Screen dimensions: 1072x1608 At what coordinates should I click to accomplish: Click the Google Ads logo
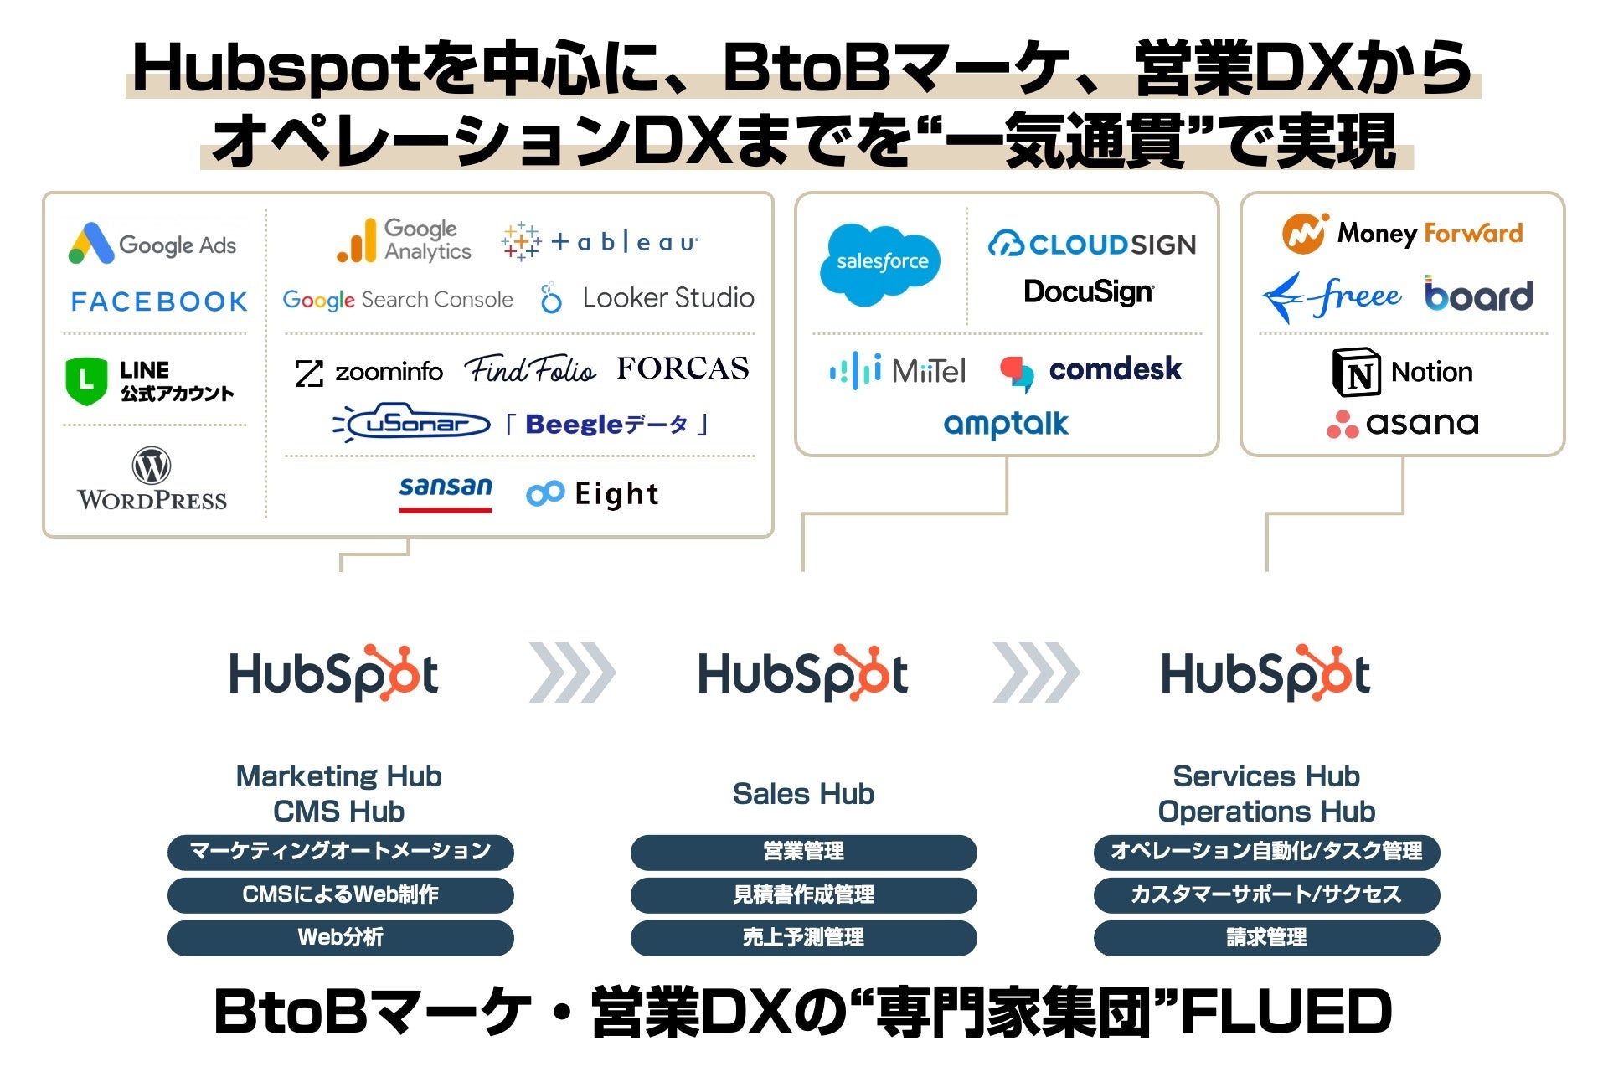152,244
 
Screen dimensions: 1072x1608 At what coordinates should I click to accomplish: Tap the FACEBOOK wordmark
159,301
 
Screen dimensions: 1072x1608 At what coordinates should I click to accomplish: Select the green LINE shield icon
86,381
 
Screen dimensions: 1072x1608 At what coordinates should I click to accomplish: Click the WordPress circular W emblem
152,466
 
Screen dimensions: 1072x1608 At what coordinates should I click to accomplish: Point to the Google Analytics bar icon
356,242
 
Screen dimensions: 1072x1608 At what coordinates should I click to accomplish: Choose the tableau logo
600,242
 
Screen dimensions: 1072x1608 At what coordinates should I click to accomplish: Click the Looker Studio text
667,298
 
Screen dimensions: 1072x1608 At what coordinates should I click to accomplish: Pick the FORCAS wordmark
683,368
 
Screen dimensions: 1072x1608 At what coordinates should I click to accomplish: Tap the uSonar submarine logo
412,424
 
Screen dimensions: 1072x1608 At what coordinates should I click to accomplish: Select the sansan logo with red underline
446,492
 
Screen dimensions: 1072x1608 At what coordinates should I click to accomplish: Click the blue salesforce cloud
880,263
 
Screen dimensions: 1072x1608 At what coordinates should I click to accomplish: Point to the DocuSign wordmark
1089,291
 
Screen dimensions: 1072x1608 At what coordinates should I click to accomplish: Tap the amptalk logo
1006,424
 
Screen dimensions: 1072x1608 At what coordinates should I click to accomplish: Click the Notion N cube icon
1356,372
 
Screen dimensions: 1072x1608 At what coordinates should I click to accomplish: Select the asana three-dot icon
1342,425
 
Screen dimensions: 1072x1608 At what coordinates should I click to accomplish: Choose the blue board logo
1479,295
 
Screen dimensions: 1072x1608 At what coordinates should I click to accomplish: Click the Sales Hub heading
803,793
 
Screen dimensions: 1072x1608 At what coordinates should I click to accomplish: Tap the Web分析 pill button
340,937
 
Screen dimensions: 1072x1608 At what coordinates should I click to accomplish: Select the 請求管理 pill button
1266,937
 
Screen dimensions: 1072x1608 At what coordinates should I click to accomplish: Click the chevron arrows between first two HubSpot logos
573,673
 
